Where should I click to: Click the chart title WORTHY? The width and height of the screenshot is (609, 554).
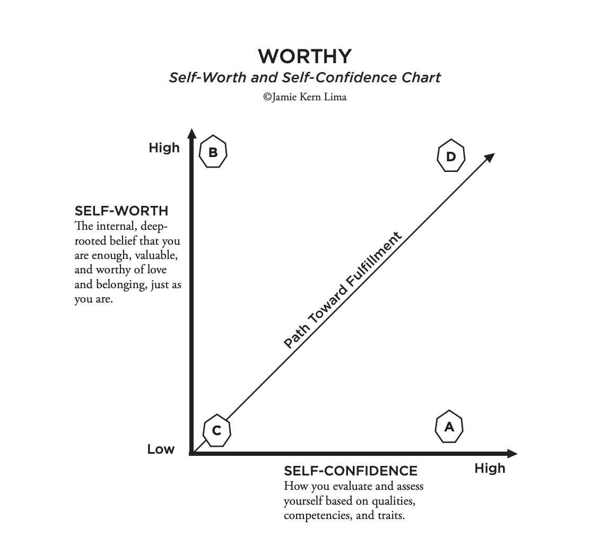pyautogui.click(x=304, y=56)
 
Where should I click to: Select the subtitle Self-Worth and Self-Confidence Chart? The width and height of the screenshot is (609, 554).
pyautogui.click(x=304, y=77)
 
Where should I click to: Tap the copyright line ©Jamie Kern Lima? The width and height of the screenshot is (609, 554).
pyautogui.click(x=304, y=97)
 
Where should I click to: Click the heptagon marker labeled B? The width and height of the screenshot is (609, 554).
pyautogui.click(x=213, y=153)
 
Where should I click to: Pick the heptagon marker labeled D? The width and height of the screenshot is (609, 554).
pyautogui.click(x=451, y=156)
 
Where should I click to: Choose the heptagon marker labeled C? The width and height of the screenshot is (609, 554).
pyautogui.click(x=216, y=430)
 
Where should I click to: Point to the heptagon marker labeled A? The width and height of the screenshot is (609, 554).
pyautogui.click(x=449, y=426)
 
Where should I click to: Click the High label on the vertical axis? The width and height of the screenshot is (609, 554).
pyautogui.click(x=164, y=148)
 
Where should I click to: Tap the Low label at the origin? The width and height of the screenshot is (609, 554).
pyautogui.click(x=161, y=449)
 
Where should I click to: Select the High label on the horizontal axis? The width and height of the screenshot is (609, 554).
pyautogui.click(x=490, y=469)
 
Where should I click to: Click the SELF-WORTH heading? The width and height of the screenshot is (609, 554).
pyautogui.click(x=121, y=211)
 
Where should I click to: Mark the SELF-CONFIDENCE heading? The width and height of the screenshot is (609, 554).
pyautogui.click(x=351, y=471)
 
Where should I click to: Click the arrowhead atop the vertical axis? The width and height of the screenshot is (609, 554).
pyautogui.click(x=192, y=133)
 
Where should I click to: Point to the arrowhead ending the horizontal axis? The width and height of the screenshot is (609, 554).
pyautogui.click(x=512, y=454)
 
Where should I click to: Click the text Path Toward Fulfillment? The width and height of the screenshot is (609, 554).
pyautogui.click(x=343, y=290)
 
